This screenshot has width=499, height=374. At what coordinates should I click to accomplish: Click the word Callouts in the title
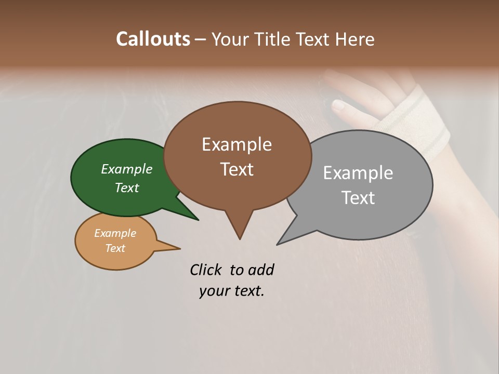coord(153,39)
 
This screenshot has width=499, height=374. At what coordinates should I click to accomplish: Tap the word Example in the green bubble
coord(127,169)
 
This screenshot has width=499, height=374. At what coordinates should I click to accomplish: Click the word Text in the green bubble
coord(127,188)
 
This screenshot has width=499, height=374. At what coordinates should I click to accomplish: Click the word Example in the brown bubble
coord(237,144)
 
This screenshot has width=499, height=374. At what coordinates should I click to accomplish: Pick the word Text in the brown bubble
coord(237,169)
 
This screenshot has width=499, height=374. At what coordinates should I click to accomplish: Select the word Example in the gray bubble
coord(358,172)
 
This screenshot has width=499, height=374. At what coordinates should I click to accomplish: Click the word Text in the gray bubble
coord(358,197)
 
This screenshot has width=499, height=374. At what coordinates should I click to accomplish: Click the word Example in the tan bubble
coord(115,233)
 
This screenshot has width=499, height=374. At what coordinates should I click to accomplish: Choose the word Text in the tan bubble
coord(115,248)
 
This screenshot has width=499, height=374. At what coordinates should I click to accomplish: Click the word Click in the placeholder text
coord(206,270)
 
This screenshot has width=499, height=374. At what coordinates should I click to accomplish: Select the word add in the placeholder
coord(261,270)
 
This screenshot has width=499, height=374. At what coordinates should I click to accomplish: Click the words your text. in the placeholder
coord(231,291)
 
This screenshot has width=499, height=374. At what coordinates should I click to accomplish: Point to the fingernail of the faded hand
coord(338,106)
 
